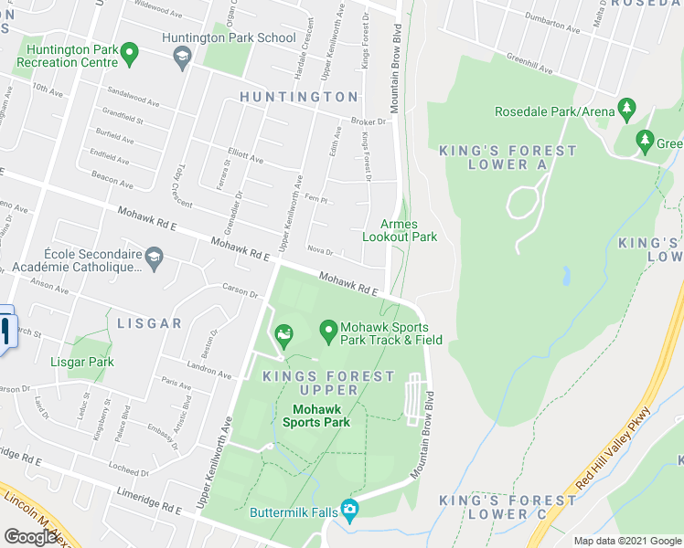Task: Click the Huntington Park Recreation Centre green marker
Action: click(x=130, y=54)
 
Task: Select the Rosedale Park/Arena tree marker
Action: click(x=627, y=110)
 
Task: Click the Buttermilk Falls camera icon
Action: click(x=348, y=509)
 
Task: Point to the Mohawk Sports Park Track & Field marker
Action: click(x=328, y=331)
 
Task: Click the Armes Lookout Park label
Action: click(x=400, y=230)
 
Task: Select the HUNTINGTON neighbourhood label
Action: click(x=299, y=97)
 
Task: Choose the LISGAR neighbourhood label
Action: click(x=149, y=323)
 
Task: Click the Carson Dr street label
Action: click(x=240, y=291)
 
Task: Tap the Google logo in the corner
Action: click(x=32, y=536)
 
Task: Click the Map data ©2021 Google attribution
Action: click(x=627, y=541)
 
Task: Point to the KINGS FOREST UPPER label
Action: click(x=328, y=383)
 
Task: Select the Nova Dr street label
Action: click(x=320, y=251)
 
